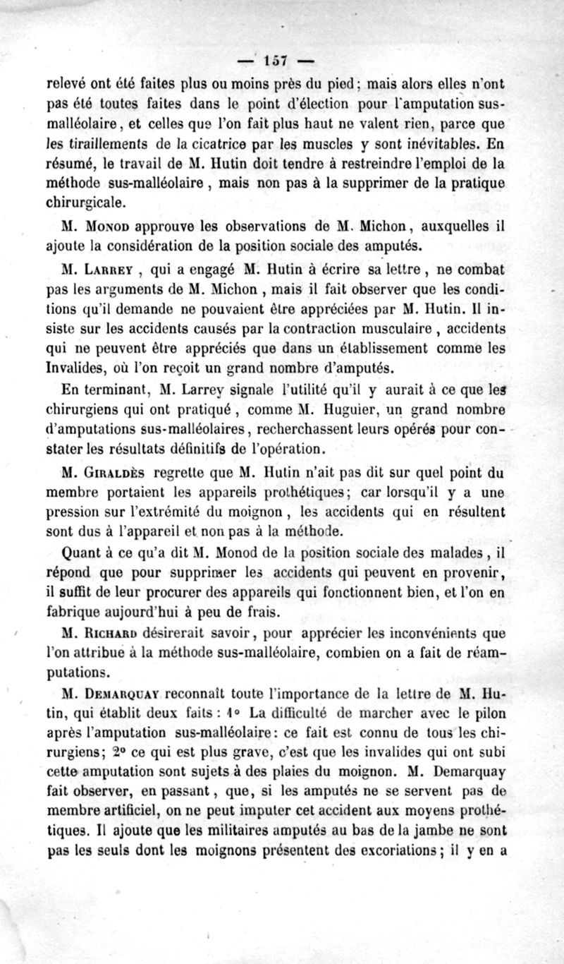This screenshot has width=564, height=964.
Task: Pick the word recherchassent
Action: pos(305,430)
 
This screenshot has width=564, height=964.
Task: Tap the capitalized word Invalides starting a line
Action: pos(74,367)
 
